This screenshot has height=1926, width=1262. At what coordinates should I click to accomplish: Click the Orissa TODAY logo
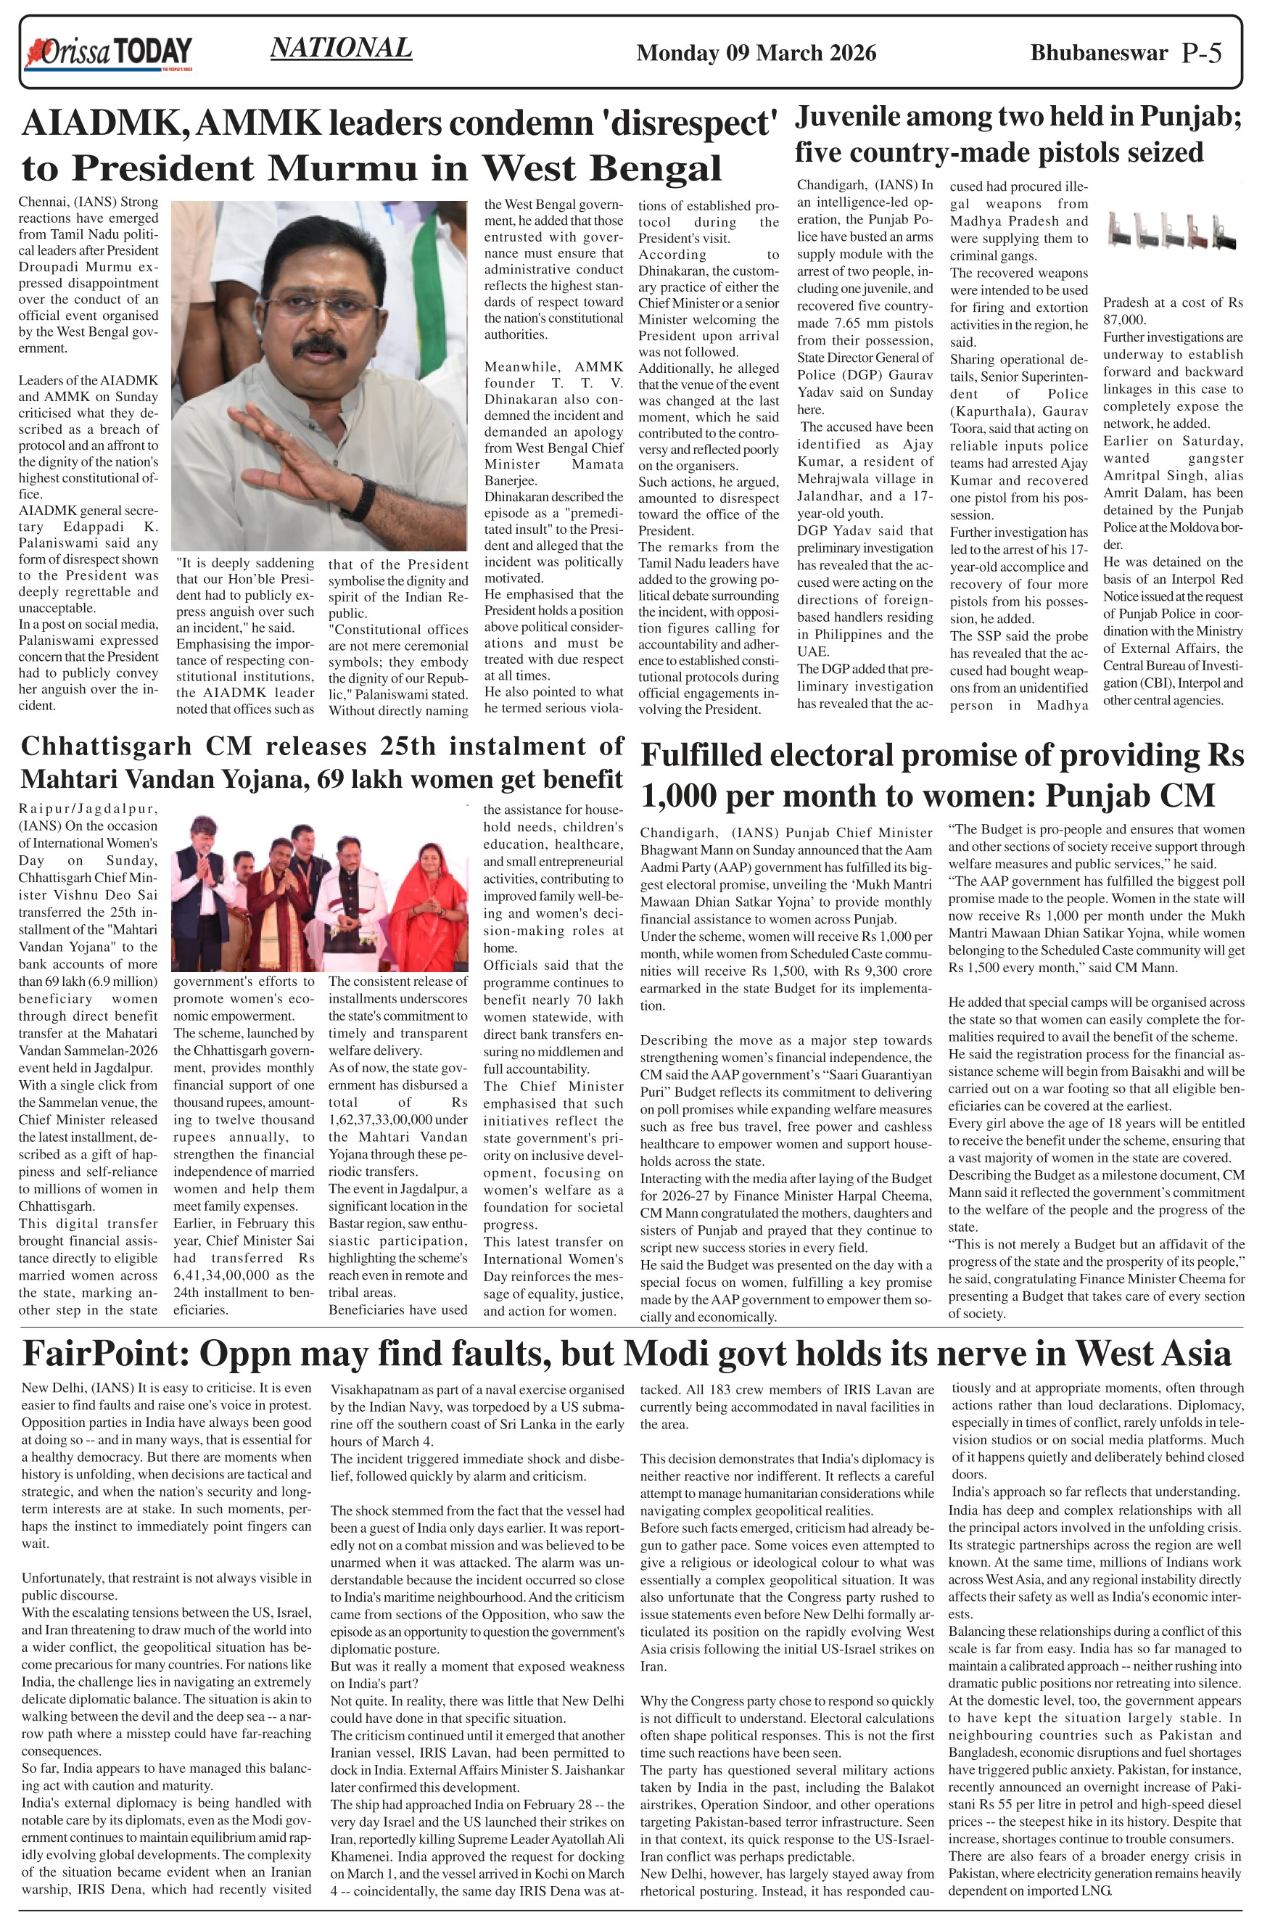click(x=110, y=53)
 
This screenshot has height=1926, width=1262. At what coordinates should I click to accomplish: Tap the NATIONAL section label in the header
click(x=341, y=49)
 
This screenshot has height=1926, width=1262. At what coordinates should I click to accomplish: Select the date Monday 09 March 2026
click(x=756, y=54)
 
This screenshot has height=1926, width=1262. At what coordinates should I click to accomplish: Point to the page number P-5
click(x=1201, y=54)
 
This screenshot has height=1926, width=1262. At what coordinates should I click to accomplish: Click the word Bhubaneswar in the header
click(x=1099, y=54)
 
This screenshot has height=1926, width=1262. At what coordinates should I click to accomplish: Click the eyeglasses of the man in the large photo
click(x=315, y=300)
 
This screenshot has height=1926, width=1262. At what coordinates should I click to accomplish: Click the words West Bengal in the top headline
click(x=601, y=168)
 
